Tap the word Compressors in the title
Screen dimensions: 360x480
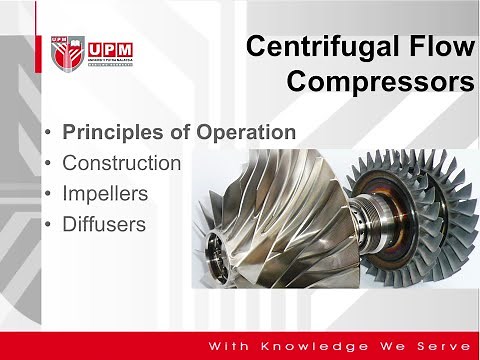pos(381,81)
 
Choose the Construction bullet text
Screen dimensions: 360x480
pos(121,162)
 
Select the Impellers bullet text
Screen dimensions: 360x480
pos(105,193)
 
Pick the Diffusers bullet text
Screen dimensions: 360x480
pos(104,224)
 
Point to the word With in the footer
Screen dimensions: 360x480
pos(227,345)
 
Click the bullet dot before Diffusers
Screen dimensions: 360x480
pos(50,225)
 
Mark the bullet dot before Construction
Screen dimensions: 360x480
pos(50,163)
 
